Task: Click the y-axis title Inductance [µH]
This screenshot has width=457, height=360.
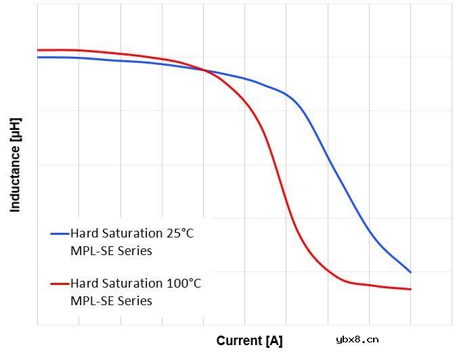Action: (15, 165)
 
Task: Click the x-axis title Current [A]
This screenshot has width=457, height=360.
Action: (249, 340)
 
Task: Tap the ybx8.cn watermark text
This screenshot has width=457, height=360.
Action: (357, 340)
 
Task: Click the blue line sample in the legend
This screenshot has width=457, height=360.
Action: (60, 234)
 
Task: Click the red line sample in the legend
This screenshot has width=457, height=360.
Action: (60, 284)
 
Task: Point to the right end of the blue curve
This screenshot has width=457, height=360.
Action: (411, 272)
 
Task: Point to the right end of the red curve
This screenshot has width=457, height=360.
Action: (411, 289)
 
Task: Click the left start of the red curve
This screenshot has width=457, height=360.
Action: (38, 50)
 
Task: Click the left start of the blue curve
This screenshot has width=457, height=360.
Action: (38, 58)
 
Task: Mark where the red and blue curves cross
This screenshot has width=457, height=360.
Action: (204, 70)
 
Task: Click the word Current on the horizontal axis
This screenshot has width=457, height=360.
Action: (239, 340)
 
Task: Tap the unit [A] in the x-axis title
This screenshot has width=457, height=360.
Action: (274, 340)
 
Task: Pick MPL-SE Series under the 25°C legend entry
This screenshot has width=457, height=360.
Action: (111, 251)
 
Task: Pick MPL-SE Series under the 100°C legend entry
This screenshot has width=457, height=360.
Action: (111, 300)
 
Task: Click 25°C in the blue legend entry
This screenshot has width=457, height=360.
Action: (179, 233)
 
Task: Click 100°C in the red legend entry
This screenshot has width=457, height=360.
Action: (183, 283)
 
